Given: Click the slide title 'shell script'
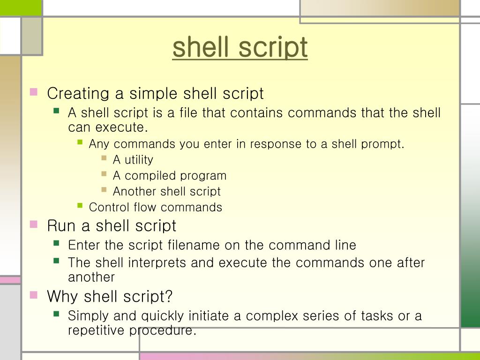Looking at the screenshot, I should point(240,47).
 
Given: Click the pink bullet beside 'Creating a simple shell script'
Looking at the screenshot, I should point(34,92).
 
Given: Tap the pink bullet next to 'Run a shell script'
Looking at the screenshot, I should point(34,224).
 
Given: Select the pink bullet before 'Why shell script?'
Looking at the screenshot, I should point(34,295).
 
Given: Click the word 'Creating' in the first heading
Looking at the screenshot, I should point(78,94).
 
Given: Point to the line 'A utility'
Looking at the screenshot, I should point(133,160).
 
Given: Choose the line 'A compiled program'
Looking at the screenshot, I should point(169,176).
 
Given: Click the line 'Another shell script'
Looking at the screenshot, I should point(166,192).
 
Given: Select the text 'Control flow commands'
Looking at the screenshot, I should point(155,207).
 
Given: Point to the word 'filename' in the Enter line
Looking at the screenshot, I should point(193,245).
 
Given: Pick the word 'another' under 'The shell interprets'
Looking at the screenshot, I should point(91,277).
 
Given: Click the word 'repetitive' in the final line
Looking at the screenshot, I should point(97,330).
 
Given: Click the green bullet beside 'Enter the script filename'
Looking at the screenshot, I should point(57,243).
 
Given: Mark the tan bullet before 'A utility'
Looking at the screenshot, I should point(104,158).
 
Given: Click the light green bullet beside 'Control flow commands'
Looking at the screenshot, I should point(80,205).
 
